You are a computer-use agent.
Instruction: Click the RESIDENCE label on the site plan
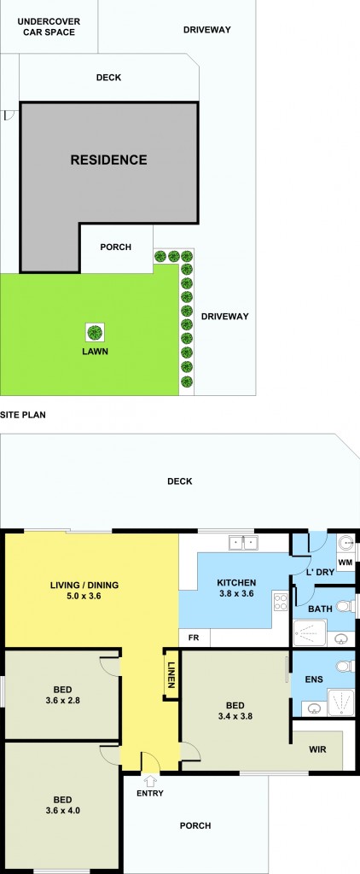point(108,160)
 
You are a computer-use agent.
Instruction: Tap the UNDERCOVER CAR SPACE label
point(49,26)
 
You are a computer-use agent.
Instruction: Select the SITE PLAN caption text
point(23,415)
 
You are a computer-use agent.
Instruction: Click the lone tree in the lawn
point(96,333)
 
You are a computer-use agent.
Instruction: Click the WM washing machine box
point(345,563)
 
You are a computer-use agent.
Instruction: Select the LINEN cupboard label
point(171,674)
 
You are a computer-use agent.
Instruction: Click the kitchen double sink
point(243,542)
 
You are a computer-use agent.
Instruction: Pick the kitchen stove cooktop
point(280,602)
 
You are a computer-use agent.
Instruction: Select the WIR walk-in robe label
point(317,749)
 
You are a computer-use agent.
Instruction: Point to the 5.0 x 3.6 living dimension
point(84,595)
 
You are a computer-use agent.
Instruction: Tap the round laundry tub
point(345,541)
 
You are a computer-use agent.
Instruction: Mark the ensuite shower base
point(341,702)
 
